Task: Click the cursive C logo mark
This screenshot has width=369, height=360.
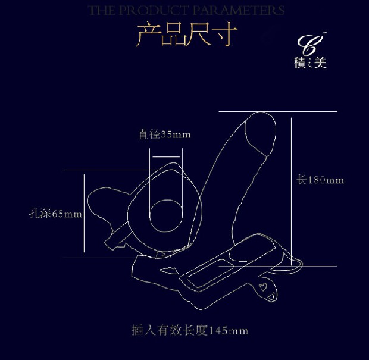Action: pos(310,45)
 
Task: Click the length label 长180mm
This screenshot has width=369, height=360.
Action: pos(321,180)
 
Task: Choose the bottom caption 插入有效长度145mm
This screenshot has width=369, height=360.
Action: pos(189,330)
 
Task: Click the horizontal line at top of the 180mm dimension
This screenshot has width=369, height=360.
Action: pos(277,111)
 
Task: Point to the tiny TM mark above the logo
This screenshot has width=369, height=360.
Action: pos(324,33)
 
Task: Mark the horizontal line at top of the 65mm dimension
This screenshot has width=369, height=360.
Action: pos(113,170)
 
